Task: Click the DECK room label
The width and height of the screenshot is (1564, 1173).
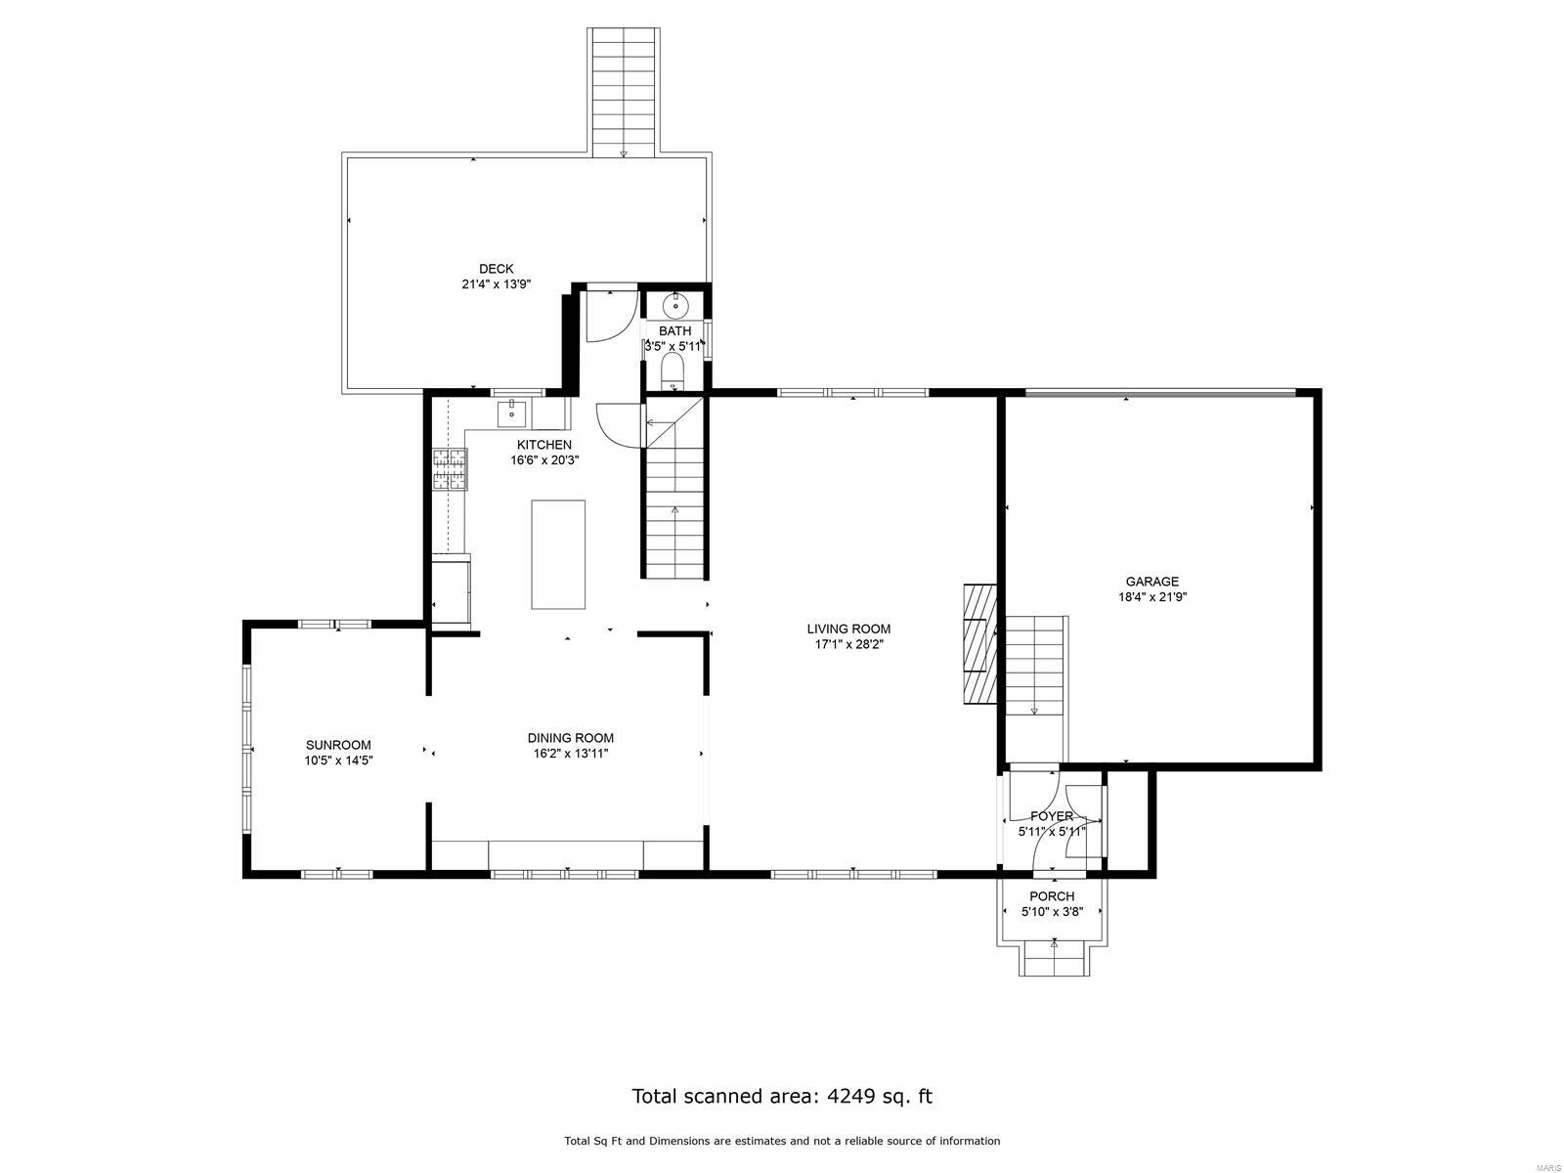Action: [496, 269]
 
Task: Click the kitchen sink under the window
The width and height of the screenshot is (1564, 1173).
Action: [512, 414]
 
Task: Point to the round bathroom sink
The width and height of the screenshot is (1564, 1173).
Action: [675, 306]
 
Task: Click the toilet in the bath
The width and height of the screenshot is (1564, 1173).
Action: [673, 369]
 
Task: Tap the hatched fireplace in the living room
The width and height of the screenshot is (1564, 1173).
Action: [978, 644]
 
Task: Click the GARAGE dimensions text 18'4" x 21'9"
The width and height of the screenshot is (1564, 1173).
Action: [1152, 597]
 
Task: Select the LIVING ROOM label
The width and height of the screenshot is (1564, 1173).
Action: [848, 629]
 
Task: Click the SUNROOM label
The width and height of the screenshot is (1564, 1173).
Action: [338, 745]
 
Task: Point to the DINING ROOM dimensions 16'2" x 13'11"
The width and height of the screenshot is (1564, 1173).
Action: [570, 754]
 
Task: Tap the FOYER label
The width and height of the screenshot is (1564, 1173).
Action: [1052, 816]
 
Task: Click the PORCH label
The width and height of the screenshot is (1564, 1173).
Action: [1052, 896]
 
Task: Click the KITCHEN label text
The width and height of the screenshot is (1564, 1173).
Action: [544, 445]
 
